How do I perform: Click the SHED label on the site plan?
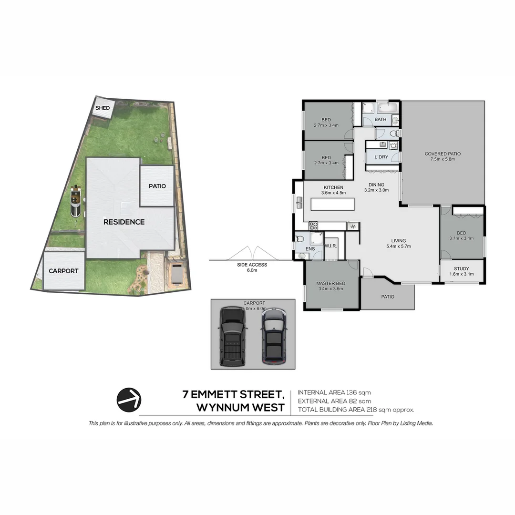coord(103,108)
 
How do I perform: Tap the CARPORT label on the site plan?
coord(63,271)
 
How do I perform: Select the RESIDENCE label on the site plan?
coord(124,222)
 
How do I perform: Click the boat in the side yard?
coord(75,201)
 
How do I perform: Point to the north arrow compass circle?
coord(129,400)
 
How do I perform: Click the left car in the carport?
coord(232,336)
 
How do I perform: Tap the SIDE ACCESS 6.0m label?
coord(252,267)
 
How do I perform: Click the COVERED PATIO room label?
coord(443,156)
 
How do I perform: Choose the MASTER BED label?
coord(330,286)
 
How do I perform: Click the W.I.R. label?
coord(331,246)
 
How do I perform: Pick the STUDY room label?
coord(461,271)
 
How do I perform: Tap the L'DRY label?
coord(381,157)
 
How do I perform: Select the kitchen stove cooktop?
coord(313,226)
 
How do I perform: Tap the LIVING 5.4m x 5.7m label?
coord(398,243)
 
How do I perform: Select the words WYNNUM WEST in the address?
coord(240,408)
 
